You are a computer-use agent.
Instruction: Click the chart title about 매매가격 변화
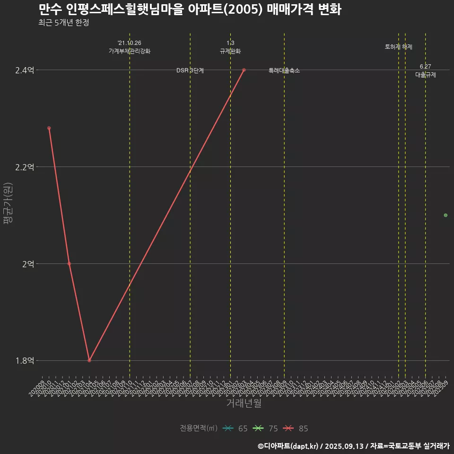tap(190, 9)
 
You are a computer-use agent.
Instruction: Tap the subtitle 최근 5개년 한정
tap(63, 23)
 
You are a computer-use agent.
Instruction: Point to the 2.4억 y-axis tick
tap(25, 70)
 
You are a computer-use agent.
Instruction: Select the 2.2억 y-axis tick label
tap(25, 167)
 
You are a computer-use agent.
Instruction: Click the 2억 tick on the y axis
tap(28, 264)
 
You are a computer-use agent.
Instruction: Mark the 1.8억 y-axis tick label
tap(25, 361)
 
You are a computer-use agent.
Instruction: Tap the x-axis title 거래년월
tap(244, 403)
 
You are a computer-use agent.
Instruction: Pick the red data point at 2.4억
tap(244, 70)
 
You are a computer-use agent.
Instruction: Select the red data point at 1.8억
tap(89, 360)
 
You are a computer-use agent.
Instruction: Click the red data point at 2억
tap(69, 263)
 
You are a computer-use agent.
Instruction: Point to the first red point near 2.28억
tap(49, 128)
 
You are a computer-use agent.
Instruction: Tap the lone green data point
tap(445, 215)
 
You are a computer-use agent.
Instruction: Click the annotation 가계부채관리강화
tap(130, 51)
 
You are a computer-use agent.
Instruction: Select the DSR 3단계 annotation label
tap(190, 70)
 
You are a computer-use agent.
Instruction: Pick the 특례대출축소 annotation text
tap(284, 70)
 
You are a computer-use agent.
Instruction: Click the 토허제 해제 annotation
tap(399, 47)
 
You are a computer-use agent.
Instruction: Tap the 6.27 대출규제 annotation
tap(426, 70)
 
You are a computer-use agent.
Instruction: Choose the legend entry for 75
tap(266, 428)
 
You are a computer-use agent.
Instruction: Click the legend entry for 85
tap(296, 428)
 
